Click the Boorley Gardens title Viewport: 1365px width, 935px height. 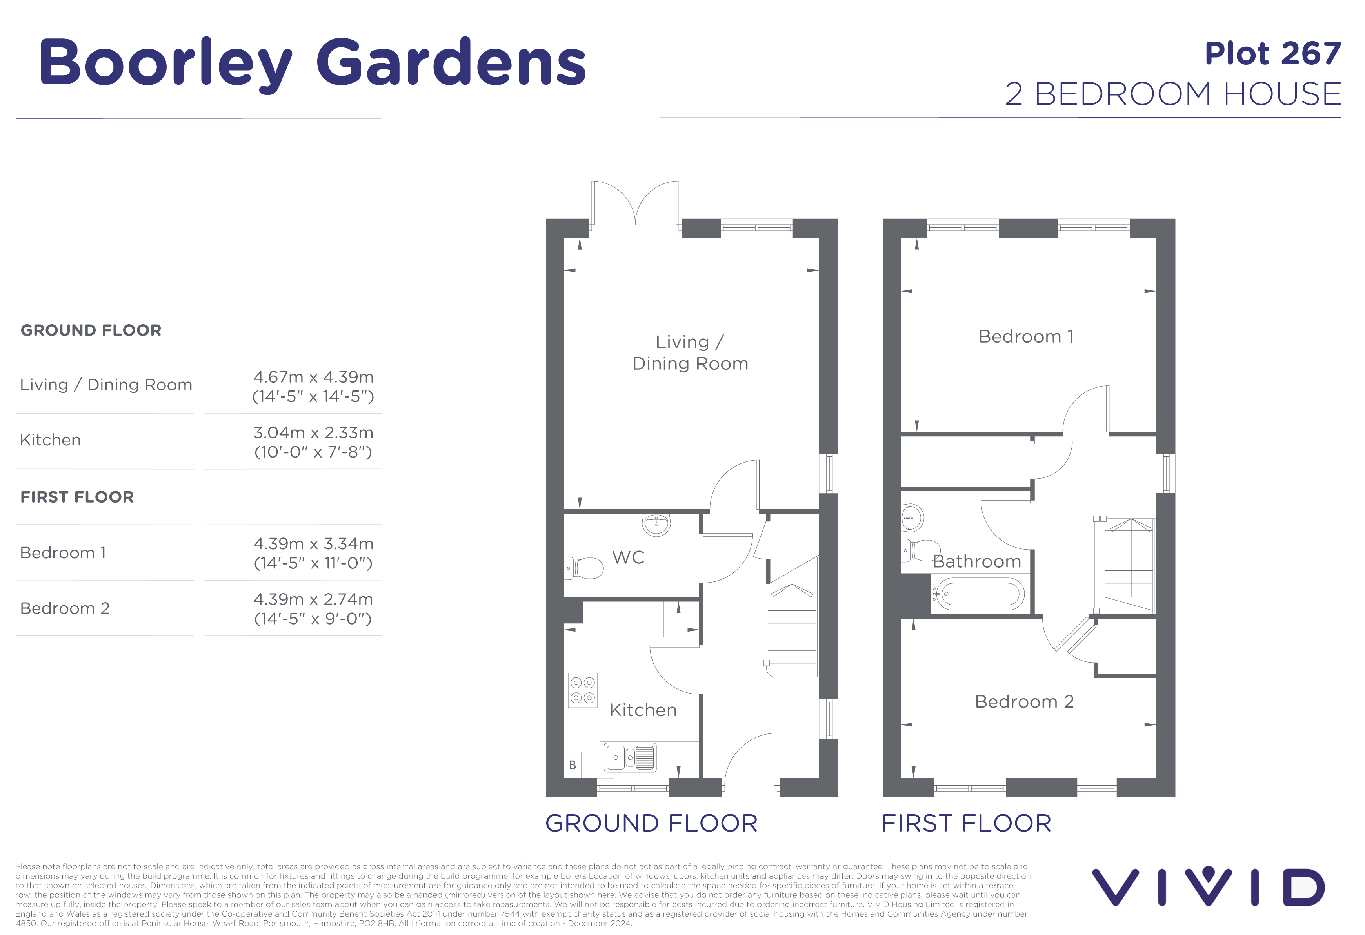tap(313, 63)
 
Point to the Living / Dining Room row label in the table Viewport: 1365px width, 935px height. tap(106, 385)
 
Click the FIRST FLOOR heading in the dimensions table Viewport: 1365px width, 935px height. tap(77, 497)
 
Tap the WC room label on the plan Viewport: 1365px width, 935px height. tap(628, 557)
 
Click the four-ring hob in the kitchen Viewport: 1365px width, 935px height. tap(583, 690)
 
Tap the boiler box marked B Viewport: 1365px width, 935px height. tap(573, 765)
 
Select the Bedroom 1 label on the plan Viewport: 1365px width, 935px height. tap(1025, 336)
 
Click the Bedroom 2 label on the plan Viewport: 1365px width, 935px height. tap(1024, 702)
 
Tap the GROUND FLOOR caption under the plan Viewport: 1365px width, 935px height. tap(651, 823)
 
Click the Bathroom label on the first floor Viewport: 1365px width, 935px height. tap(977, 561)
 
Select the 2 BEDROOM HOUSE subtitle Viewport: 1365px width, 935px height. tap(1173, 94)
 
